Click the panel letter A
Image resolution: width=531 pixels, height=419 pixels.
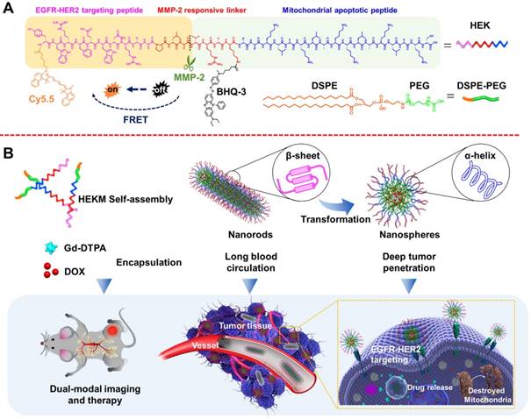pyautogui.click(x=9, y=8)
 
